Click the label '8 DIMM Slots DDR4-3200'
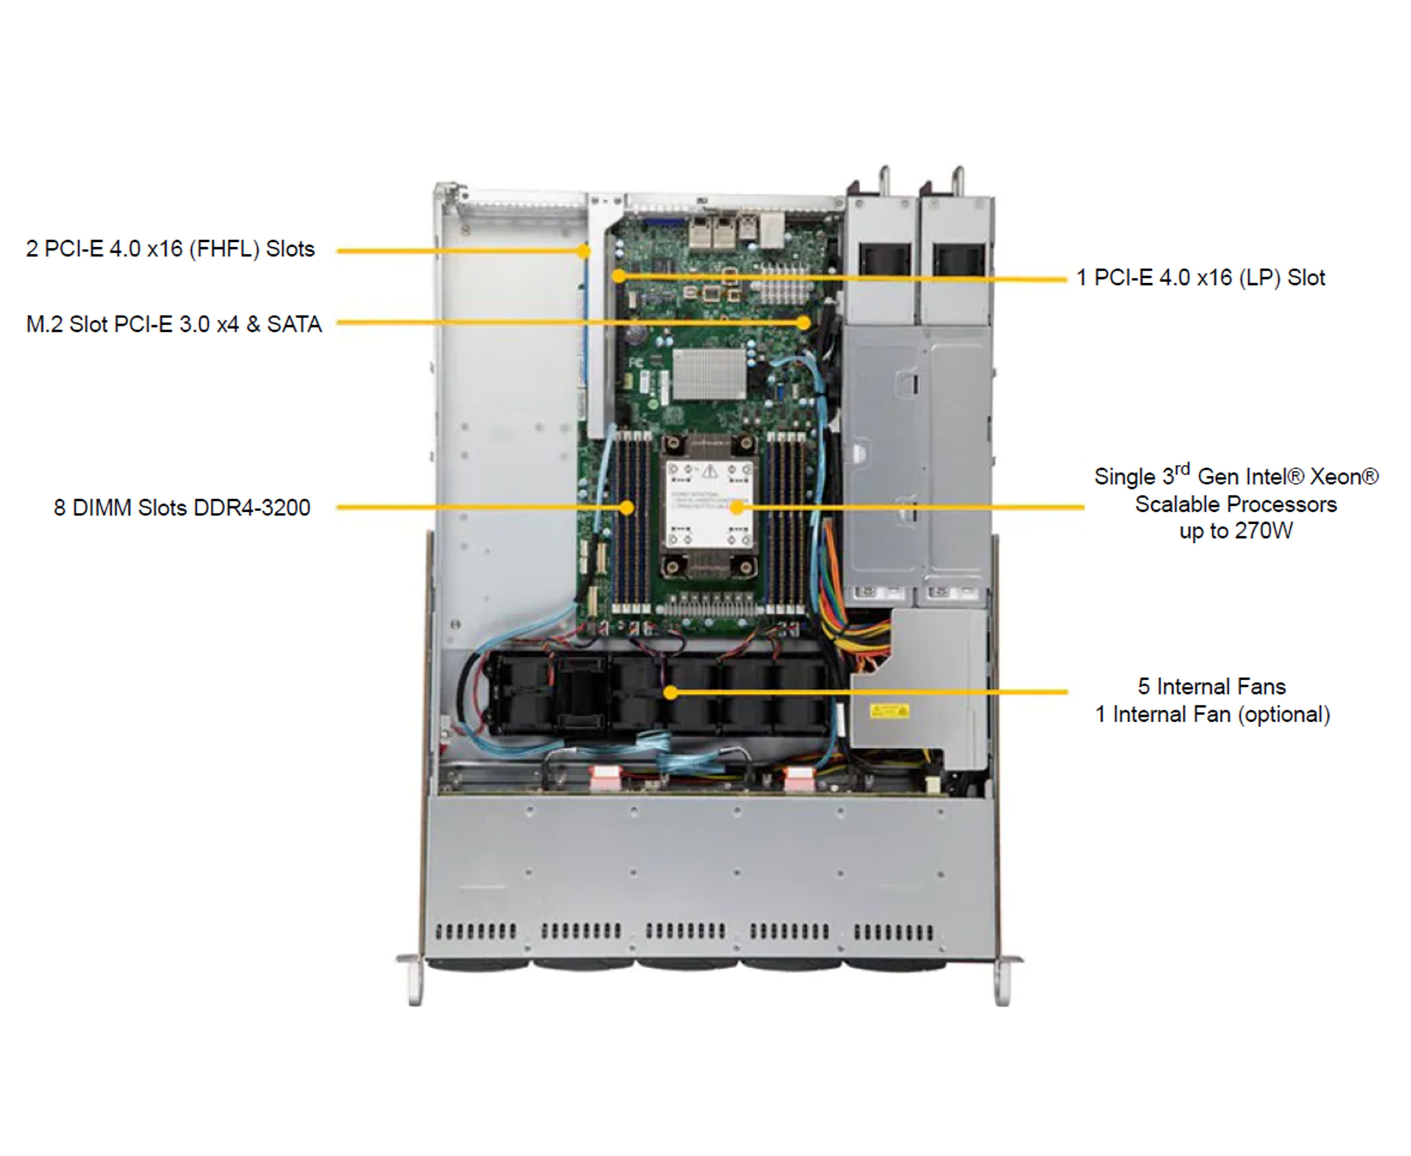point(182,507)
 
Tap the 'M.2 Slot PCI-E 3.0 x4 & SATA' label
point(174,324)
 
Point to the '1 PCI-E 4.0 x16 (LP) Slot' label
point(1200,278)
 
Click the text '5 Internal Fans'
point(1211,686)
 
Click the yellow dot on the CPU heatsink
point(737,507)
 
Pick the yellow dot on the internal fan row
point(671,692)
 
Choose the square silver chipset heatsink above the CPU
point(709,373)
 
